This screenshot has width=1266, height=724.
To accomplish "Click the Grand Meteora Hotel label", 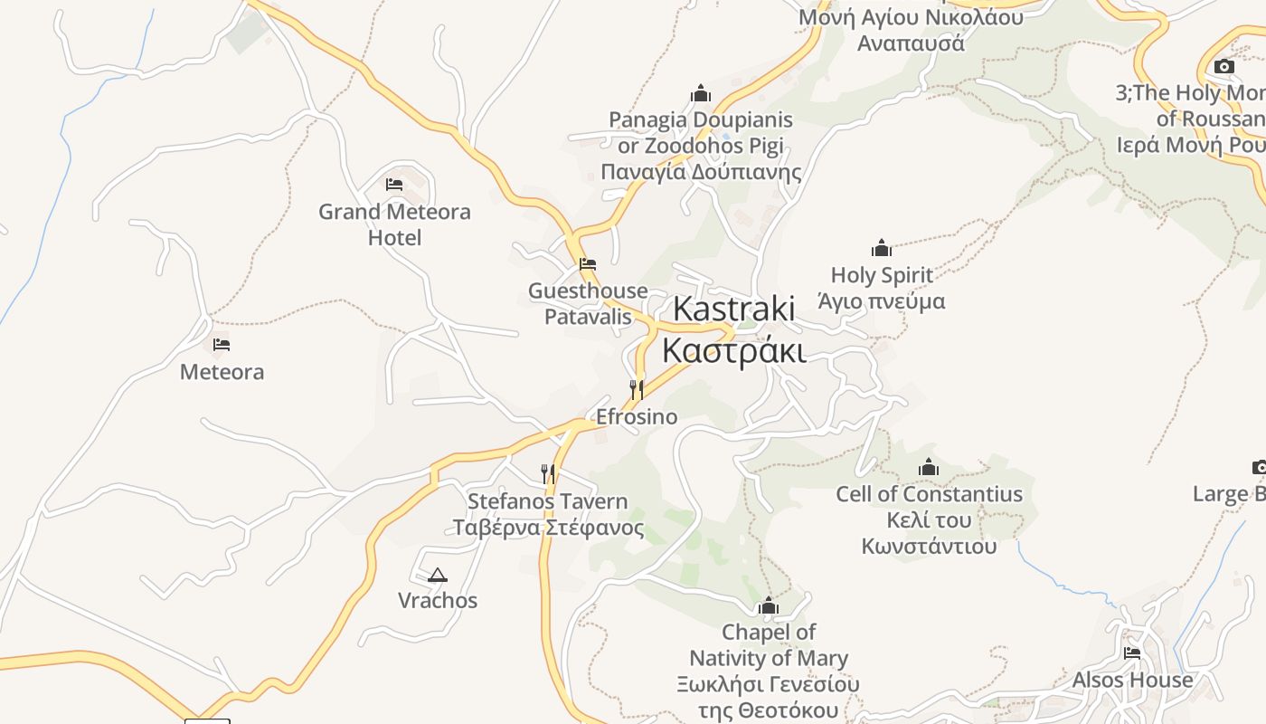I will pos(394,224).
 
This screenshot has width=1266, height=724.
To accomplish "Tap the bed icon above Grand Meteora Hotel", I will pos(394,185).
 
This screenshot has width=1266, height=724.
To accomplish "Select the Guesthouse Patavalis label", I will pos(588,303).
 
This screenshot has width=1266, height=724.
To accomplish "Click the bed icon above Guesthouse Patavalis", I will pos(588,264).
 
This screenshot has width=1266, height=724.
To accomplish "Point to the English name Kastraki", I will pos(733,309).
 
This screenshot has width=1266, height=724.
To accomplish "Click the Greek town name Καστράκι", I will pos(733,350).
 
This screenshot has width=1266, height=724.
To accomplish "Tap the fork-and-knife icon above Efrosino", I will pos(637,389).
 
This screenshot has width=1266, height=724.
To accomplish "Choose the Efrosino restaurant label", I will pos(637,416).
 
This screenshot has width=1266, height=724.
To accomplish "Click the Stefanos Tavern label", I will pos(548,514).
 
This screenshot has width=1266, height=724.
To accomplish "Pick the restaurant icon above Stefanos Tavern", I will pos(548,473).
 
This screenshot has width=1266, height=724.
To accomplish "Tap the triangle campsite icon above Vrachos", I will pos(438,575).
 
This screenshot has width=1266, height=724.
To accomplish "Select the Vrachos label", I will pos(438,600).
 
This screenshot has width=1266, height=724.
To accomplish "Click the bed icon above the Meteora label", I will pos(222,345).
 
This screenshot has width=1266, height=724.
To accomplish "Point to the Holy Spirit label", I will pos(882,288).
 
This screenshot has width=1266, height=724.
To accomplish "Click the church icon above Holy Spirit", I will pos(882,248).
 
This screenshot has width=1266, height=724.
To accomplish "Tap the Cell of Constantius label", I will pos(929,519).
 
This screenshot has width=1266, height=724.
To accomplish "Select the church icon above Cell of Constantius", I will pos(929,468).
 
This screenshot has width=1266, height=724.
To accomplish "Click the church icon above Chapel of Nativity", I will pos(769,605).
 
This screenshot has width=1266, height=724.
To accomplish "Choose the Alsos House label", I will pos(1132,680).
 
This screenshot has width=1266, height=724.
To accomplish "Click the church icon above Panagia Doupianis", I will pos(701,93).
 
